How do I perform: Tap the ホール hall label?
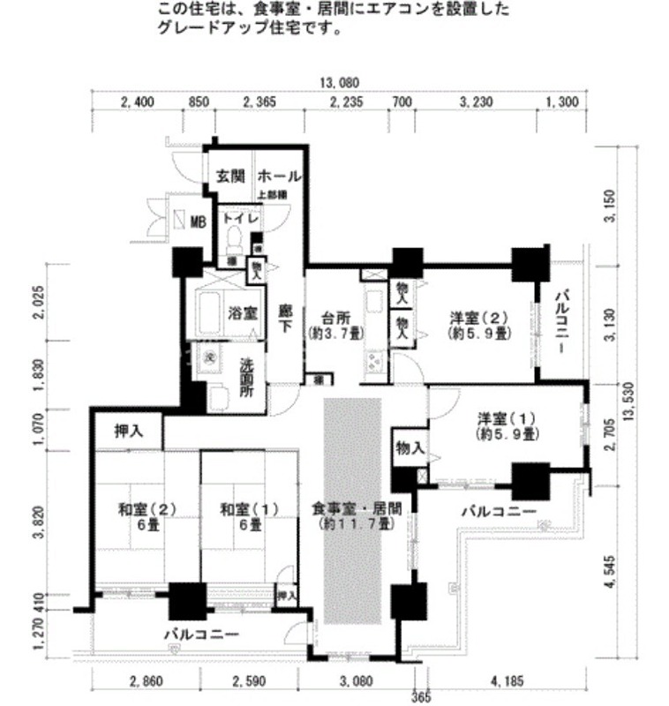pyautogui.click(x=281, y=175)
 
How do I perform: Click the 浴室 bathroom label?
pyautogui.click(x=243, y=312)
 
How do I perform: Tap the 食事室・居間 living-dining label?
pyautogui.click(x=357, y=509)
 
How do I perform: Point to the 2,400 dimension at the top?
pyautogui.click(x=137, y=102)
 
